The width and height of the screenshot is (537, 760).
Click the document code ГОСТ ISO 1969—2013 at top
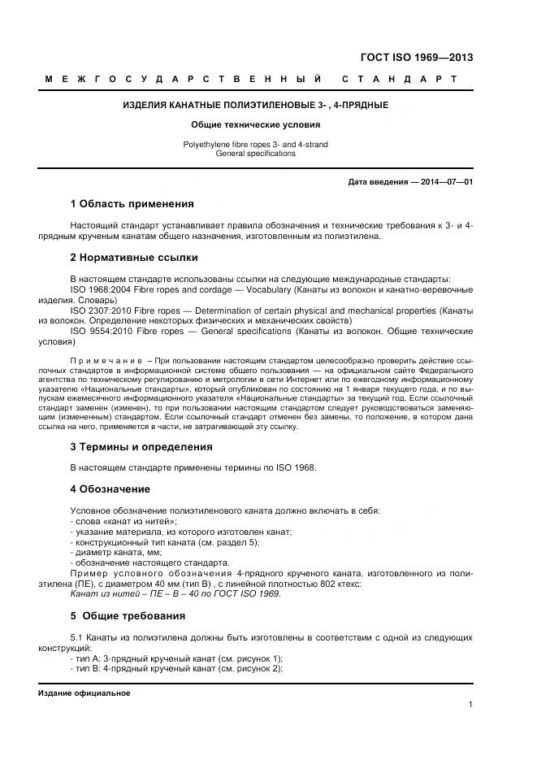(416, 58)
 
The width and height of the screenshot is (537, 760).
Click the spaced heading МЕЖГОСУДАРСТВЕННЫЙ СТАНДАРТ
(251, 80)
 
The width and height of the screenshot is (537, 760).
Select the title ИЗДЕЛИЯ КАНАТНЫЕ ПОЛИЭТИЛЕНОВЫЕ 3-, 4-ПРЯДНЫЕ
(255, 106)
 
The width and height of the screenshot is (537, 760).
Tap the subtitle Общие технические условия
(255, 125)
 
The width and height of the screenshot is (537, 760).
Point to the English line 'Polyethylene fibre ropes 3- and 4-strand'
(255, 144)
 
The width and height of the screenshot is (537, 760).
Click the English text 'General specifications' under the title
(255, 153)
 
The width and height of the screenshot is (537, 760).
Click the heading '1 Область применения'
(132, 203)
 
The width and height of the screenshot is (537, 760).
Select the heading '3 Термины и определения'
(141, 447)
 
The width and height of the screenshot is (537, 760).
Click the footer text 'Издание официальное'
(84, 693)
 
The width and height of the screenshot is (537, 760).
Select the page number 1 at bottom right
(470, 705)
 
